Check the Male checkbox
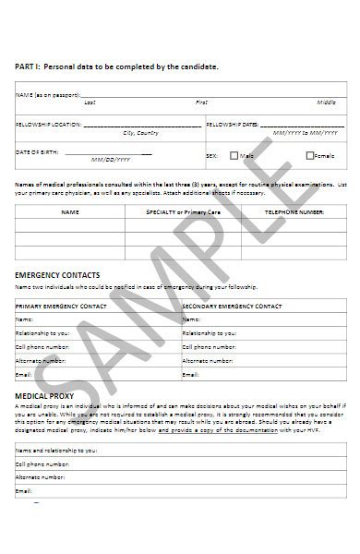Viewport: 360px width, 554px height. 234,155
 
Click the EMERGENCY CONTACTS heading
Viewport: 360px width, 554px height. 58,274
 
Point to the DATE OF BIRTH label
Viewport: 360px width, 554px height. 36,151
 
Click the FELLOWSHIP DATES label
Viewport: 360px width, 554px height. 231,123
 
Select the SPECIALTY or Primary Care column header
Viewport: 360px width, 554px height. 184,211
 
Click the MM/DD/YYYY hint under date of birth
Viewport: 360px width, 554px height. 119,160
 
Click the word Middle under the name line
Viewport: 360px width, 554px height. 327,102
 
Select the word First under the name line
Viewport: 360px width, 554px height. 201,102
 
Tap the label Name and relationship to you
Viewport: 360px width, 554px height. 56,451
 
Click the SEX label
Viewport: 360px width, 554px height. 210,155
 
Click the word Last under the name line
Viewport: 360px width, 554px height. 90,102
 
